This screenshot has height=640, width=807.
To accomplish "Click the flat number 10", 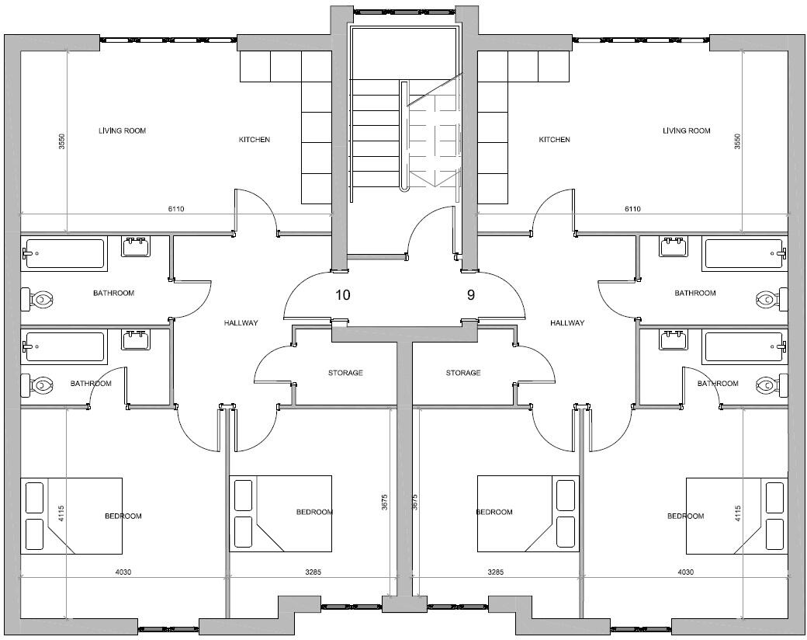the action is [x=342, y=295].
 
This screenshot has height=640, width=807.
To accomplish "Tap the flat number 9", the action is [x=470, y=295].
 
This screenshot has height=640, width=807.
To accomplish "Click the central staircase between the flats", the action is [x=403, y=136].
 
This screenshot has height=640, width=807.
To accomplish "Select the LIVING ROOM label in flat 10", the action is [x=122, y=130].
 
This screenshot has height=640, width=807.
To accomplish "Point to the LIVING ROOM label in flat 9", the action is [x=686, y=130].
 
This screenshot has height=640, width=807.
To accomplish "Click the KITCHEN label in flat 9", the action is [x=554, y=140].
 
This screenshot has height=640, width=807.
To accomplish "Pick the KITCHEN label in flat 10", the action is [x=254, y=140].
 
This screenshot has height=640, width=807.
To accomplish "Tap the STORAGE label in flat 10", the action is [x=345, y=373].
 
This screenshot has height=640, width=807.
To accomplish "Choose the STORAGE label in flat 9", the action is [x=463, y=373].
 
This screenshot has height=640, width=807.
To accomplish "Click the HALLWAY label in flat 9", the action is [x=566, y=323].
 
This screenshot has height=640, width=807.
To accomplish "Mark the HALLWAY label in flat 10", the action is [x=241, y=323].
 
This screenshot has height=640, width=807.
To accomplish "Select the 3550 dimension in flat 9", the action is [x=737, y=142].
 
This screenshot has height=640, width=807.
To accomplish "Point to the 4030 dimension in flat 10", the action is [x=123, y=572].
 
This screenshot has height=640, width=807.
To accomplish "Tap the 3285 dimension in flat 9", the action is [x=495, y=572].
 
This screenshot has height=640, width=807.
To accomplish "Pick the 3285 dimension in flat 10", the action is [x=313, y=572].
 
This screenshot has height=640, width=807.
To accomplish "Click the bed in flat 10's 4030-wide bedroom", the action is [x=71, y=516].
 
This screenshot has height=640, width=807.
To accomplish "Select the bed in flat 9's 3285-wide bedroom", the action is [x=528, y=513].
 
